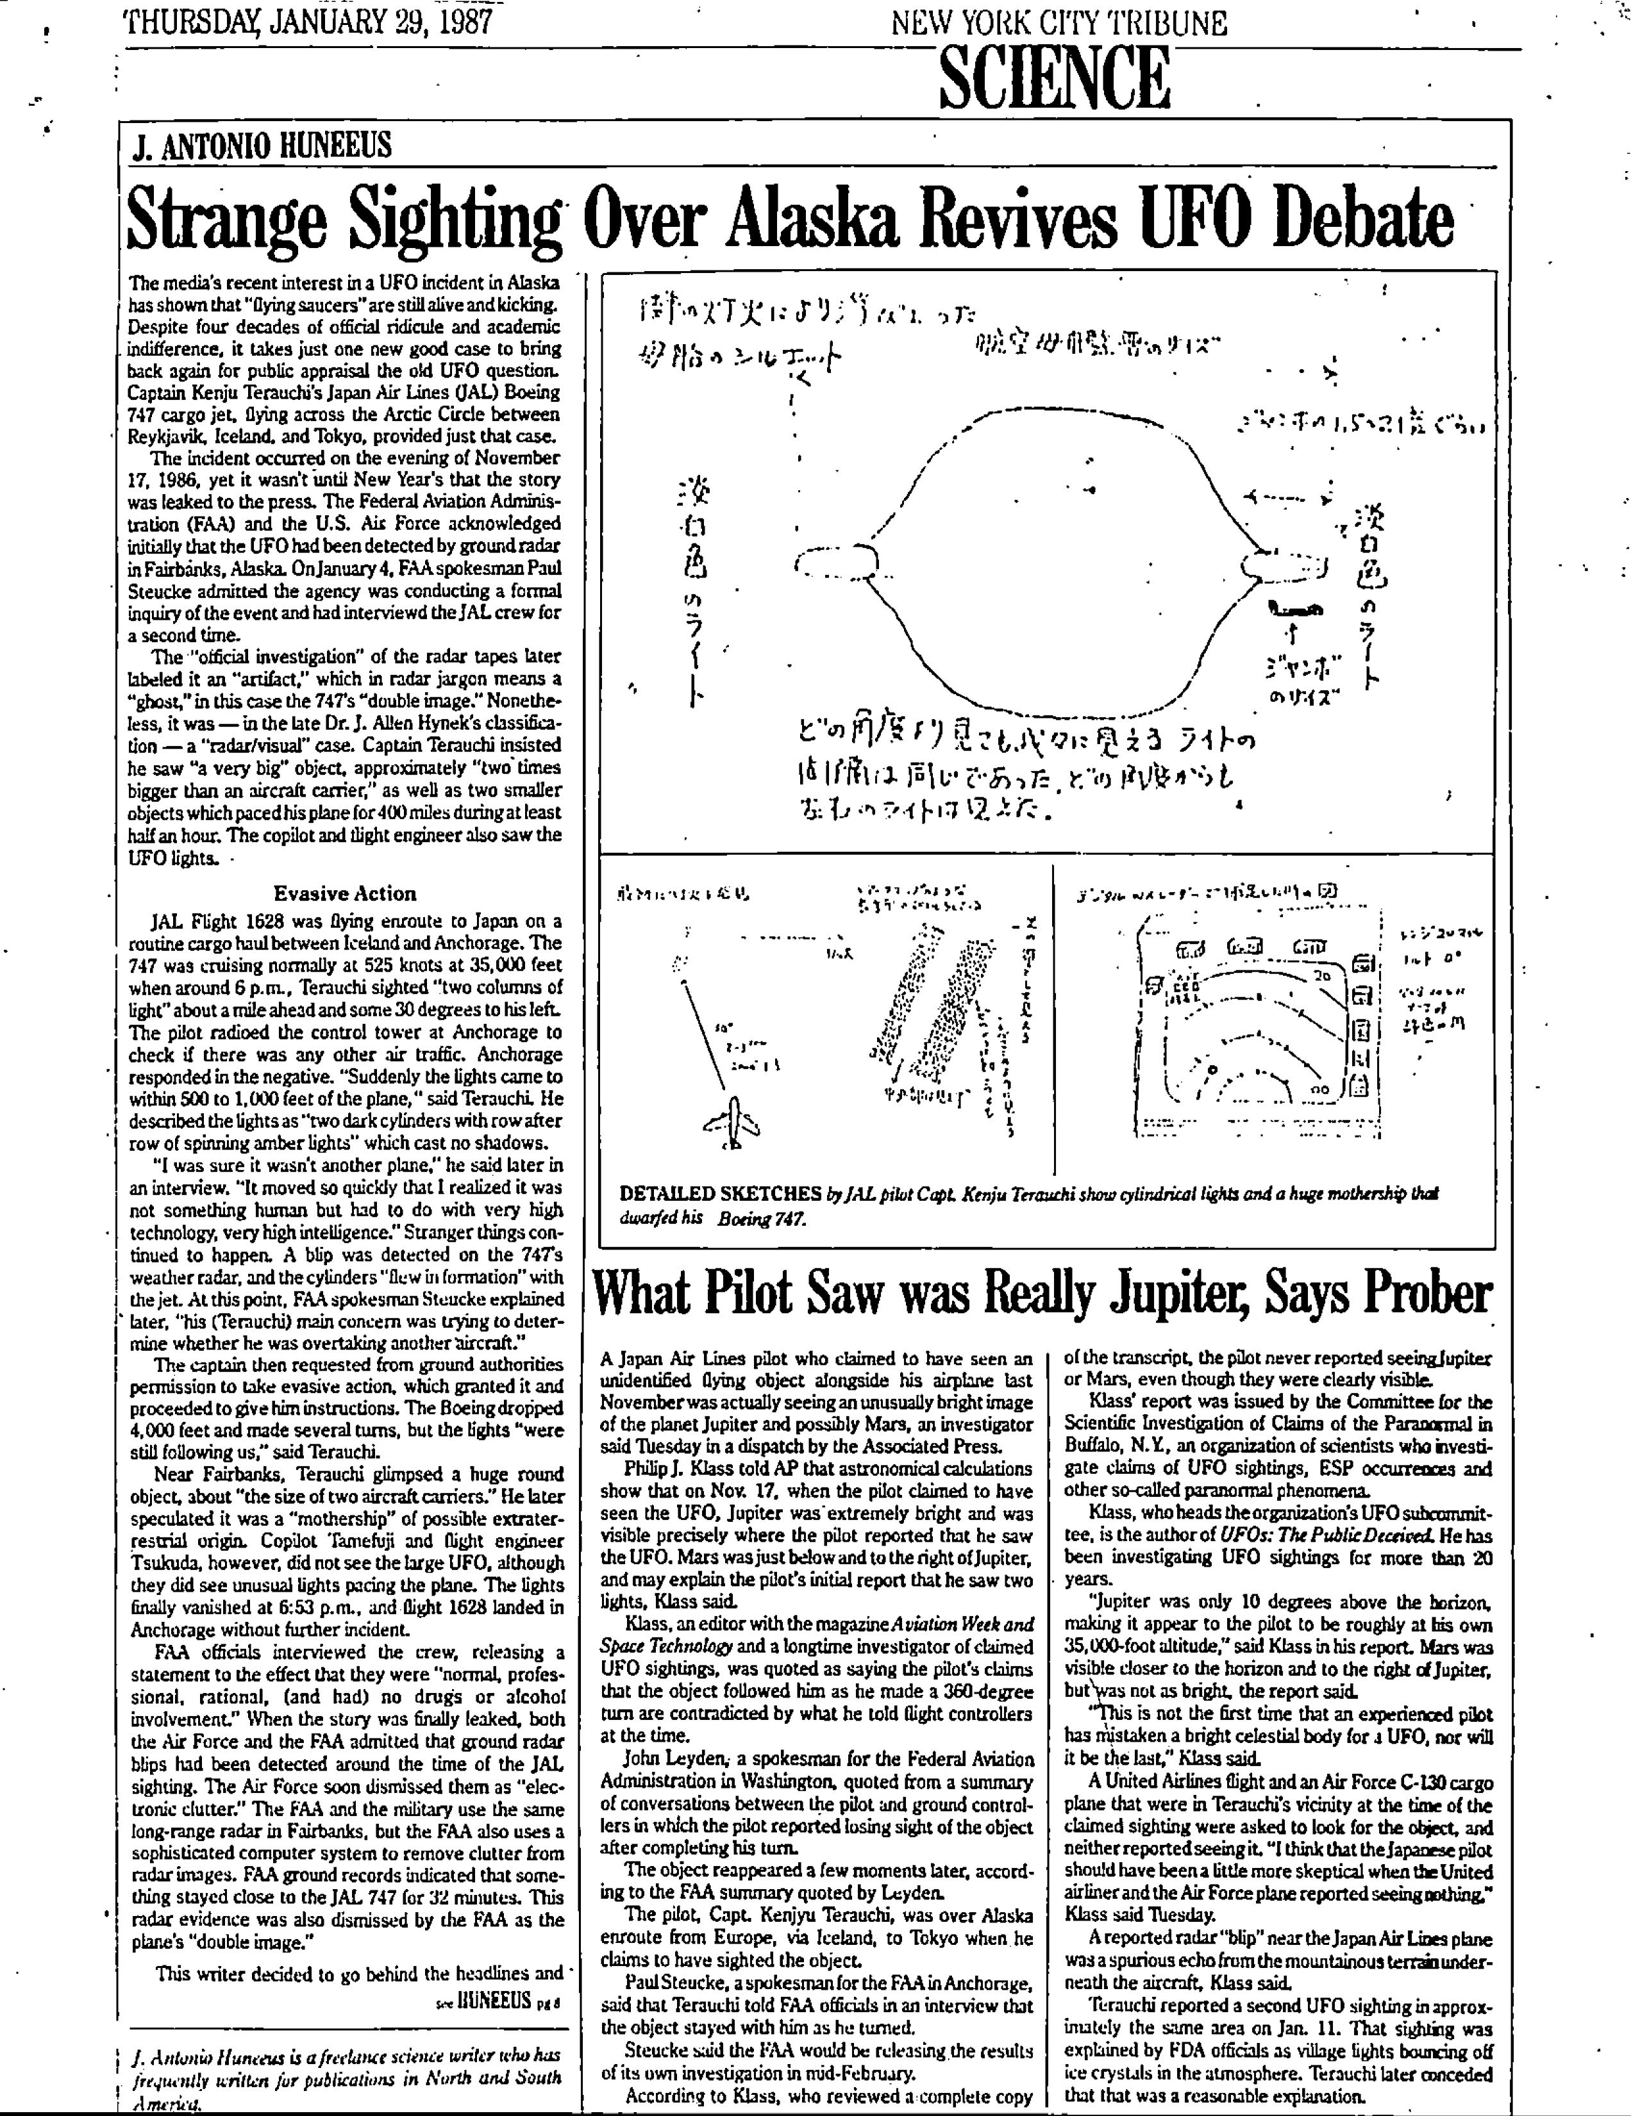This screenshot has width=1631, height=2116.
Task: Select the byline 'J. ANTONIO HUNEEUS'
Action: click(262, 145)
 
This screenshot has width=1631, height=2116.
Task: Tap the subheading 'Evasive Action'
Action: click(344, 892)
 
